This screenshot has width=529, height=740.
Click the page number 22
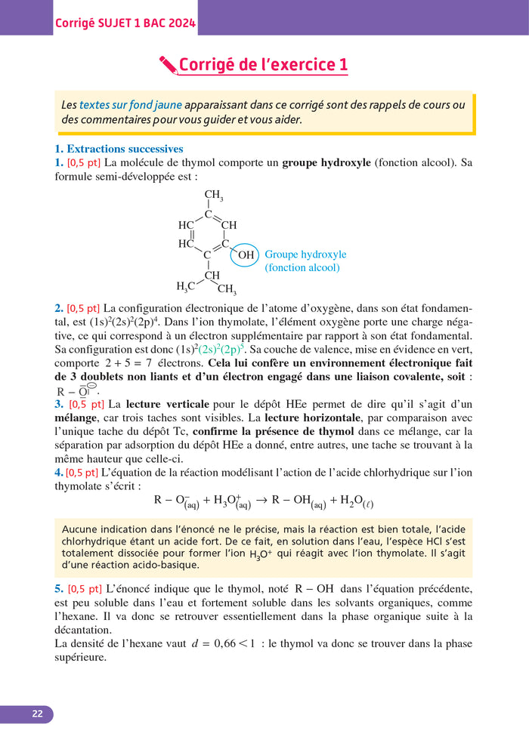click(x=37, y=714)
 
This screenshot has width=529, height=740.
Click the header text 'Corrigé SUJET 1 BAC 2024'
click(x=125, y=23)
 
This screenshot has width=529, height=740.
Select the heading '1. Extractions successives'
click(x=119, y=149)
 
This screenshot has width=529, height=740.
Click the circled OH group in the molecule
click(x=246, y=255)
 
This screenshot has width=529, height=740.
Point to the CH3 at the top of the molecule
click(x=213, y=196)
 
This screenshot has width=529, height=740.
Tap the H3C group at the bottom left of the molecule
click(x=186, y=285)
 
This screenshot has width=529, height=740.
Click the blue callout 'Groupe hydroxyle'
click(x=305, y=254)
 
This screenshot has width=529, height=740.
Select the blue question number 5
click(x=59, y=588)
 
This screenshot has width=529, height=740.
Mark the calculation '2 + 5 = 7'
click(x=138, y=363)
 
